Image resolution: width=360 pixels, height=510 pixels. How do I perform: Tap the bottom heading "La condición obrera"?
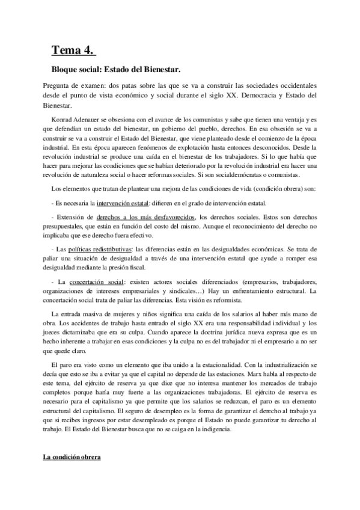72,457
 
